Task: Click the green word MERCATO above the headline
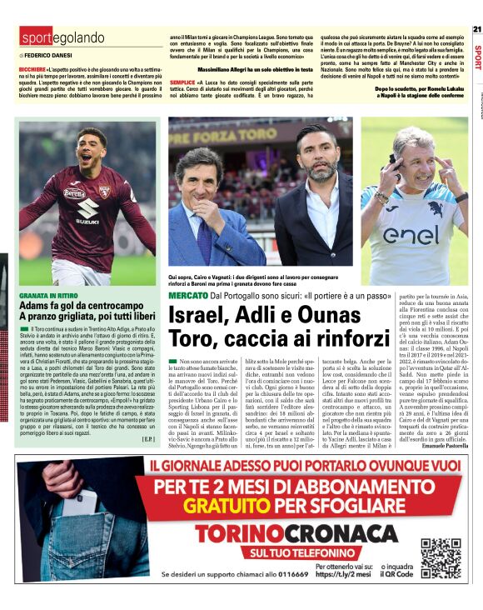[x=187, y=296]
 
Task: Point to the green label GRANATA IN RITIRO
[x=49, y=295]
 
